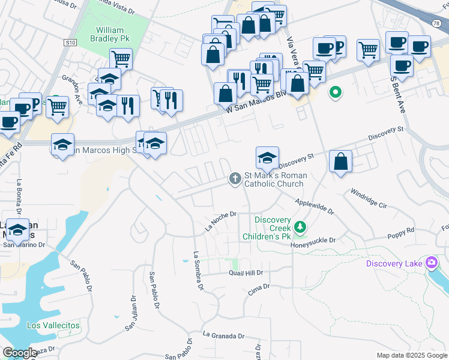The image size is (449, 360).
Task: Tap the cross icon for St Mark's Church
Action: [x=235, y=178]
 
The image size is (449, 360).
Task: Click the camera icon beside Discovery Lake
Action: [x=431, y=263]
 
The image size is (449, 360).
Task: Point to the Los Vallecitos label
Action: [x=53, y=325]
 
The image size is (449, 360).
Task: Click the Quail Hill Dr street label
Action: [x=246, y=273]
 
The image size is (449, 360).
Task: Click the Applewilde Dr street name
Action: [x=315, y=205]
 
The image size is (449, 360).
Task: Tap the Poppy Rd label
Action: [x=401, y=232]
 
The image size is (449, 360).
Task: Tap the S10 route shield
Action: [x=71, y=43]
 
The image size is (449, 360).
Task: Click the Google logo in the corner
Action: [x=20, y=353]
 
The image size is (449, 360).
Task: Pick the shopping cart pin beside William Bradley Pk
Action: [x=121, y=58]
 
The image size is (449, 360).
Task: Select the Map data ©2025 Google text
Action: [x=411, y=355]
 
